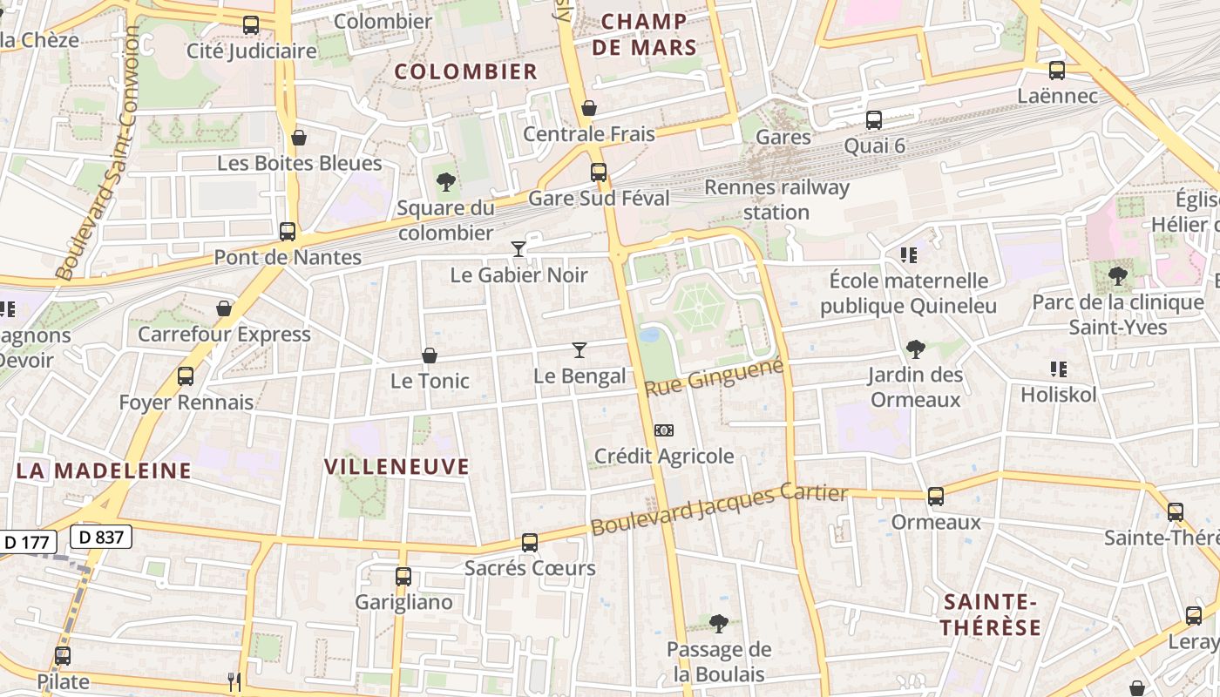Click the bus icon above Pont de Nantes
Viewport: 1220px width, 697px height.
click(287, 232)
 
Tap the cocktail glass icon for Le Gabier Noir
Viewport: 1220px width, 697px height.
click(518, 249)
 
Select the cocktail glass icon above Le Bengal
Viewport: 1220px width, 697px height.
click(579, 350)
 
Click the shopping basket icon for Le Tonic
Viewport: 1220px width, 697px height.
click(430, 355)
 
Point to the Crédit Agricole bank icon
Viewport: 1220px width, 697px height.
click(664, 430)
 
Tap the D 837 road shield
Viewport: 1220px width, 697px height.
click(101, 538)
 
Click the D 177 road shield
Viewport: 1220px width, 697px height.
click(26, 542)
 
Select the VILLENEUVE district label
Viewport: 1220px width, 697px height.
click(396, 467)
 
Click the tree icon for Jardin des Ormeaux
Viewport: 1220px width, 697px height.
click(915, 349)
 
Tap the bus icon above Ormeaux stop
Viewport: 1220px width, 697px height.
click(936, 497)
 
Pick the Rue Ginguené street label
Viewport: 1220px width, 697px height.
click(715, 376)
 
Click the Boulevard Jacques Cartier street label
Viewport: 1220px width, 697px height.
click(719, 510)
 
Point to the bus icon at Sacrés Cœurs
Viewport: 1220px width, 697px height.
click(530, 543)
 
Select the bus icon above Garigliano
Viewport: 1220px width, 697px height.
click(403, 577)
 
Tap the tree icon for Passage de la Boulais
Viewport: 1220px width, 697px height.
click(719, 624)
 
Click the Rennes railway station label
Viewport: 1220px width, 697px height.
click(776, 200)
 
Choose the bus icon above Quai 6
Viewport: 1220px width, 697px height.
click(874, 120)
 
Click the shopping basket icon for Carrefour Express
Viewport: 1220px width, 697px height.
click(225, 308)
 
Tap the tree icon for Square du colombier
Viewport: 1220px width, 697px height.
click(446, 182)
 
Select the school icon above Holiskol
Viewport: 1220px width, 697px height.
click(1059, 369)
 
